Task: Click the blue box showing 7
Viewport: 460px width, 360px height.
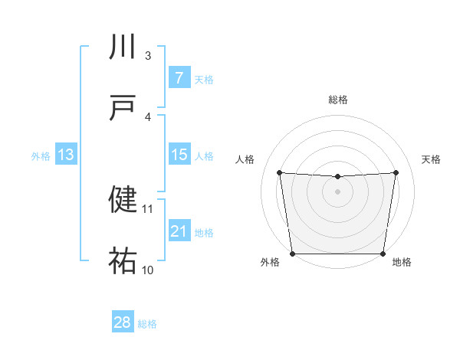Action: click(179, 77)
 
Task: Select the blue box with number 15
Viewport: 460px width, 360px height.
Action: click(179, 155)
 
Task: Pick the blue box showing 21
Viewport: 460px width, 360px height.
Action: click(179, 231)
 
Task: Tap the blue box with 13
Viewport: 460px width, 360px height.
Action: click(66, 155)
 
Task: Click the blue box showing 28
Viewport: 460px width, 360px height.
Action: click(123, 322)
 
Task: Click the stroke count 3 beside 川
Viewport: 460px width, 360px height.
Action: click(148, 55)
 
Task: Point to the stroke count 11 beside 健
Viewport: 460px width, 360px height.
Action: click(148, 208)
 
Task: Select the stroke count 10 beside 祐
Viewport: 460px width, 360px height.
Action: click(148, 270)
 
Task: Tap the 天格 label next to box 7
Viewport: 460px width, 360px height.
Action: click(204, 79)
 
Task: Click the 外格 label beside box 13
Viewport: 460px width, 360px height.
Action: click(41, 156)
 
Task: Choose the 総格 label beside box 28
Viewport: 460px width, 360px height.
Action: click(147, 324)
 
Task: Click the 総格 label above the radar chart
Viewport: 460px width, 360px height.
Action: click(337, 100)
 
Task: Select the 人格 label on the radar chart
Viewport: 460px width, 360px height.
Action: click(246, 159)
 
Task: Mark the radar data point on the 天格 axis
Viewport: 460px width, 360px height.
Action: click(396, 172)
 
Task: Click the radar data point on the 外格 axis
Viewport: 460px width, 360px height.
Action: click(293, 254)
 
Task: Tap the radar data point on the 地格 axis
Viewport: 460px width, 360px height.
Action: click(383, 254)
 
